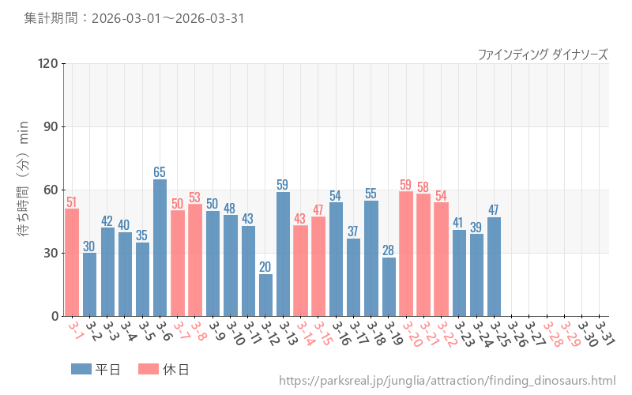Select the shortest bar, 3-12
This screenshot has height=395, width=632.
pos(265,295)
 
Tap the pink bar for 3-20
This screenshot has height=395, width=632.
pos(406,254)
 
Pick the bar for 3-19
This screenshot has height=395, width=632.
pos(389,287)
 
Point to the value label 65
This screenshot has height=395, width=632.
pos(160,171)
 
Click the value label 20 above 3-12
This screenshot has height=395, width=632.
pos(265,266)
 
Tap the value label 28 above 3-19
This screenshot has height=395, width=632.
pos(389,250)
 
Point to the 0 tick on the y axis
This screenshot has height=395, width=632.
pos(55,316)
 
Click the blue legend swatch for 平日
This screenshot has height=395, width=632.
pos(81,369)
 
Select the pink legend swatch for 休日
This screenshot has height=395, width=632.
pos(149,369)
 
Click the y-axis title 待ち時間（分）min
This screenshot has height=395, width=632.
pos(24,190)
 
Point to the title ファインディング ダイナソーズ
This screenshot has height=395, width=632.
pos(542,54)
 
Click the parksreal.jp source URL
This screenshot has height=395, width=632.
pos(447,381)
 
